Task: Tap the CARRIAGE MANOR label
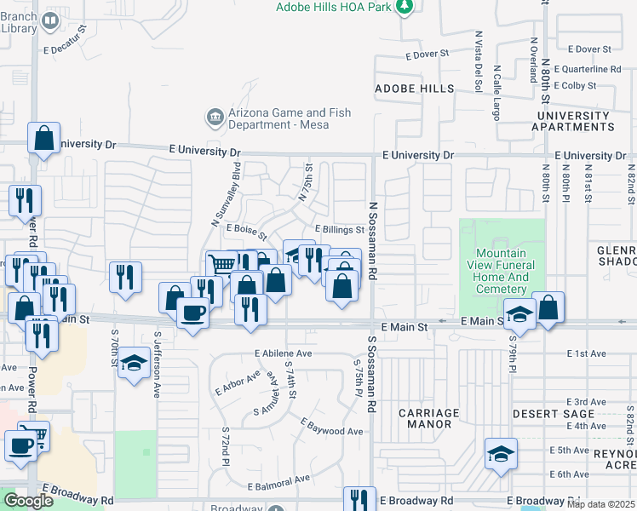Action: pos(428,418)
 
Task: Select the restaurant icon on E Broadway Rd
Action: pos(359,499)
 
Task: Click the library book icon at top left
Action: pos(51,20)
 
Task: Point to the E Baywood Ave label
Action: pos(332,431)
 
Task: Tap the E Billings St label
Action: pos(340,230)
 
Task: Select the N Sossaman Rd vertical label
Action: pos(372,243)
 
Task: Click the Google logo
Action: pos(29,501)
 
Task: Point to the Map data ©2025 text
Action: pos(600,504)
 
